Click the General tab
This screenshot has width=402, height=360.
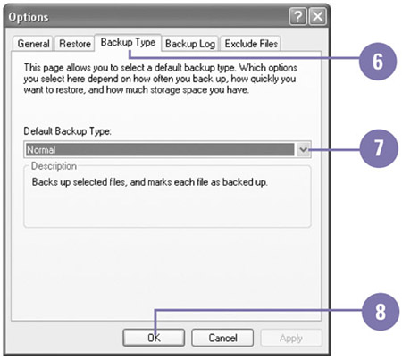click(33, 44)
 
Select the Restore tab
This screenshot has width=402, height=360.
click(75, 44)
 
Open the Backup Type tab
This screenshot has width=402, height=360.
click(128, 43)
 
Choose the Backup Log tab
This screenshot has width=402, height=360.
click(190, 44)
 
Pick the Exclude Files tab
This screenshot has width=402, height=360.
click(251, 44)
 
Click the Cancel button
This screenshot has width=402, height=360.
click(222, 338)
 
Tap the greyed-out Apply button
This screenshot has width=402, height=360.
click(291, 338)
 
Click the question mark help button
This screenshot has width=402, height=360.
click(297, 16)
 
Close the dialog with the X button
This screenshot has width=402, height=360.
click(318, 16)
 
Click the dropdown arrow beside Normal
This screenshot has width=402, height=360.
click(304, 149)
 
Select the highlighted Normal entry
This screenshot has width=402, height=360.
click(160, 149)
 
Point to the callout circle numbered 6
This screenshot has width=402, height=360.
click(378, 62)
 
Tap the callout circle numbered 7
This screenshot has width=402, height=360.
click(379, 148)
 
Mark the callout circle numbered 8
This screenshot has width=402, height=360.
click(381, 312)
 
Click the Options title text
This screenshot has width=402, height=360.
click(29, 17)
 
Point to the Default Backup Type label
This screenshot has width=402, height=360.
click(67, 131)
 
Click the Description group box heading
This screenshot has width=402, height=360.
click(54, 166)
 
